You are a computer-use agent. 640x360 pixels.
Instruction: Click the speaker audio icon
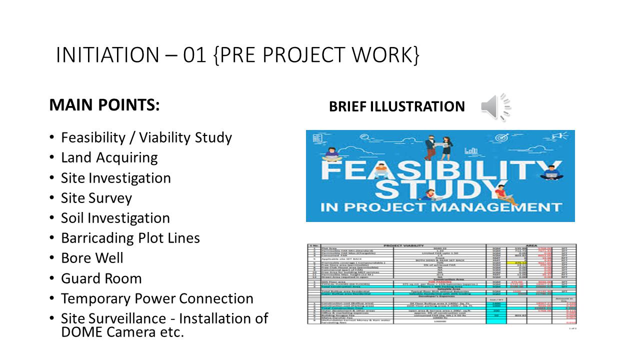(494, 106)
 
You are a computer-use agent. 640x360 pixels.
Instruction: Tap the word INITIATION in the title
(106, 54)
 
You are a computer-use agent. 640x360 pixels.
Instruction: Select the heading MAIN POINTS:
(104, 106)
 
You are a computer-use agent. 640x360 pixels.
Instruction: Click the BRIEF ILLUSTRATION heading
(396, 106)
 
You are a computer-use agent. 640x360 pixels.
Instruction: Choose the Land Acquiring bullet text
(109, 157)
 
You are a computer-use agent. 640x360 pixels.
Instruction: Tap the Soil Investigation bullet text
(115, 218)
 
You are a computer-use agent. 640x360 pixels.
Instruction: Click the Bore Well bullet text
(92, 258)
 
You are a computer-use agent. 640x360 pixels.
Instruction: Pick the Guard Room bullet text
(101, 278)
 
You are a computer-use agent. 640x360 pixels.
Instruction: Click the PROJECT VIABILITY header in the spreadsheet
(403, 246)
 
